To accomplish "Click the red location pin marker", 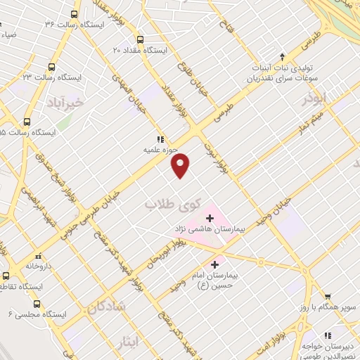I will point(181,165).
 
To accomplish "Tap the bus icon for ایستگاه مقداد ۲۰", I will point(139,40).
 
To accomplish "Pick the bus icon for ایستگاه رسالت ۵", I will point(27,121).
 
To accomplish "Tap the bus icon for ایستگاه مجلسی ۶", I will point(37,304).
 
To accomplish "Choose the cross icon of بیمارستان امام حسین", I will point(214,264).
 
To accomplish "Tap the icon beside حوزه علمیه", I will point(160,139).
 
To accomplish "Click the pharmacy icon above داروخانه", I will point(37,257).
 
